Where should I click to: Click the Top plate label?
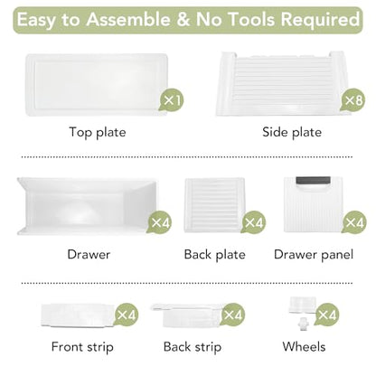[x=98, y=133]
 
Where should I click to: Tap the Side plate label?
[x=292, y=132]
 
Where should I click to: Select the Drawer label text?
[x=89, y=255]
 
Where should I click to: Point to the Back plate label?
[x=214, y=255]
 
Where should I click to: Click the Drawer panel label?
[x=314, y=255]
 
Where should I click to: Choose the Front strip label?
[x=82, y=347]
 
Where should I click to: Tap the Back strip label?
[x=193, y=347]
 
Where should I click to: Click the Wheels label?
[x=304, y=347]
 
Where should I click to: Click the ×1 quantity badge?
[x=172, y=100]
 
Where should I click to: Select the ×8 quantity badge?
[x=352, y=100]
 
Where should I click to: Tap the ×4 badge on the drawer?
[x=160, y=222]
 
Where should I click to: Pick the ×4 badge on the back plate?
[x=254, y=222]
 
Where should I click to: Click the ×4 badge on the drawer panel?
[x=354, y=222]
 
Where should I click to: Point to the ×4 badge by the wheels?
[x=326, y=315]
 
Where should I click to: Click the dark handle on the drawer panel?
[x=313, y=181]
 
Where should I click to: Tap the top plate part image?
[x=97, y=85]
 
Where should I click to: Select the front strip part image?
[x=79, y=315]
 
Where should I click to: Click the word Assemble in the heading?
[x=128, y=20]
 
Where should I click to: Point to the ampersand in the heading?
[x=183, y=20]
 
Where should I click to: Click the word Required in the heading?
[x=320, y=20]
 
